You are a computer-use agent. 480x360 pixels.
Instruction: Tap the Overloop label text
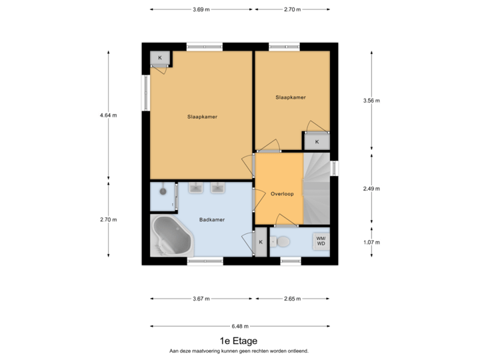pos(282,194)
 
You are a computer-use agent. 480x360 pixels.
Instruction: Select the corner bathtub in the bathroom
pos(172,236)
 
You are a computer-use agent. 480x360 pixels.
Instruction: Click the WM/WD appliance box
pos(320,241)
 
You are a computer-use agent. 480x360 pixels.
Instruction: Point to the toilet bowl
pos(283,241)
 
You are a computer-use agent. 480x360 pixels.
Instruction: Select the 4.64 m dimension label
pos(108,115)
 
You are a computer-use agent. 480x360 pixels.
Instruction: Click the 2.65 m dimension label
pos(291,298)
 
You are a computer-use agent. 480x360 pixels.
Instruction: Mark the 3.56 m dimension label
pos(371,101)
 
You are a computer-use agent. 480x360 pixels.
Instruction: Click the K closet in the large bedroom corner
pos(160,58)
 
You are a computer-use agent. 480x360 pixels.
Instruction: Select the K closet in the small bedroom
pos(317,141)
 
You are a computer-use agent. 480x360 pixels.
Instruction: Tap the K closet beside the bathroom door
pos(261,242)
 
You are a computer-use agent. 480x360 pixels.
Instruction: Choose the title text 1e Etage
pos(238,341)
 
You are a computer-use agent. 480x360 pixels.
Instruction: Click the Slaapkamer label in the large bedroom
pos(202,117)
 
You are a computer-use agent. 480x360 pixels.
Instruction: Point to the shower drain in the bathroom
pos(162,191)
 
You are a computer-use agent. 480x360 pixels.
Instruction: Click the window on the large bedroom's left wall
pos(145,93)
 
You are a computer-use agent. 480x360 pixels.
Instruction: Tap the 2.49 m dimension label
pos(371,189)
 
